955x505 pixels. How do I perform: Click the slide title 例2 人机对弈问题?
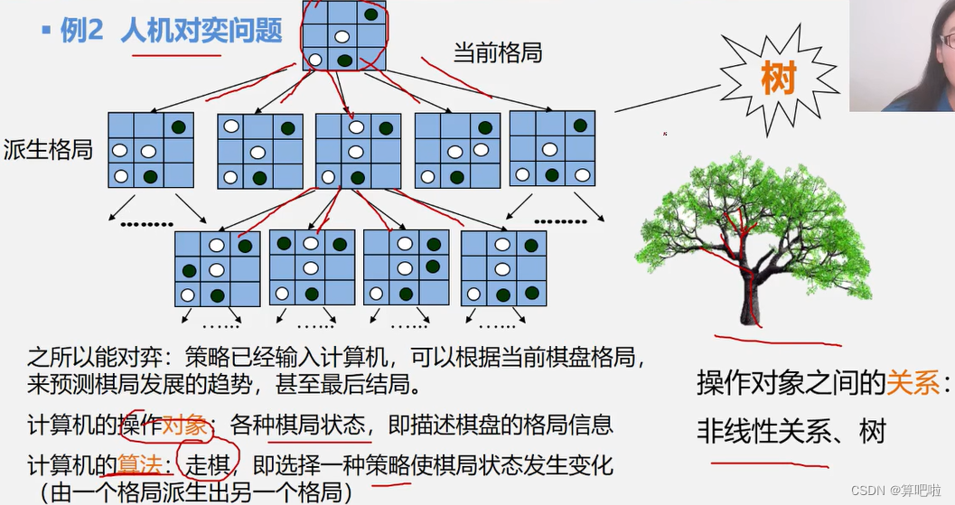(171, 31)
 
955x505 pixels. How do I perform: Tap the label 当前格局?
(497, 52)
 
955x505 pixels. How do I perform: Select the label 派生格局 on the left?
(49, 149)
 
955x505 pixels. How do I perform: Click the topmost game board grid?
(344, 36)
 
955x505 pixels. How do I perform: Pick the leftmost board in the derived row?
(150, 150)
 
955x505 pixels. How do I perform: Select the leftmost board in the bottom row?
(217, 268)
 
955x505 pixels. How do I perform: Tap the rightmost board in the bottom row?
(503, 267)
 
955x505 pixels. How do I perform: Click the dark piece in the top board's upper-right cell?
(371, 14)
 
